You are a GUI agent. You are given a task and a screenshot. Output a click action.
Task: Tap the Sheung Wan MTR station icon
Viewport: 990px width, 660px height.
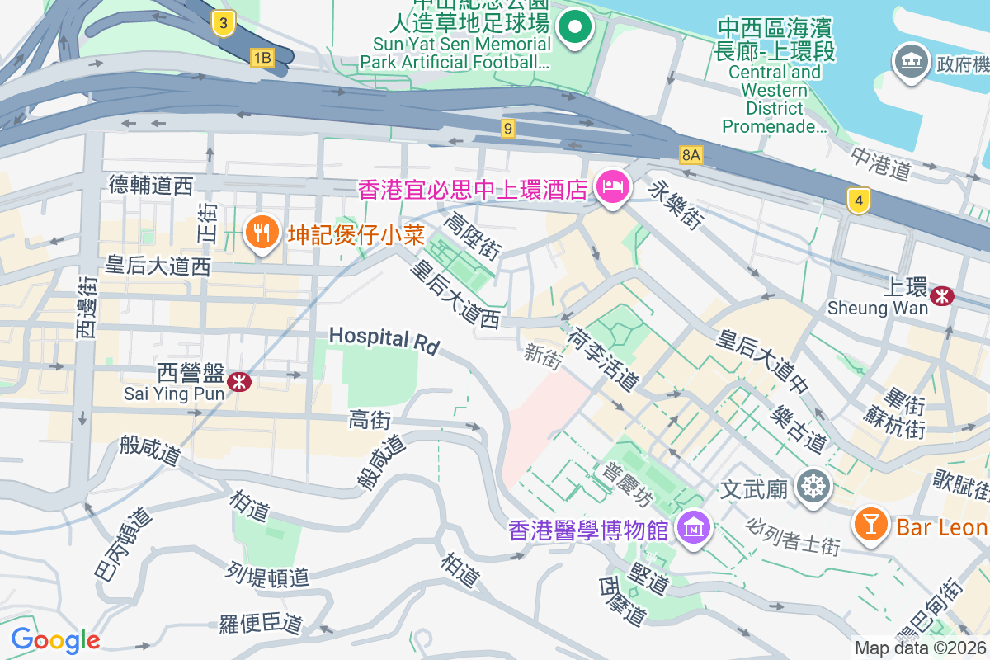[x=941, y=295]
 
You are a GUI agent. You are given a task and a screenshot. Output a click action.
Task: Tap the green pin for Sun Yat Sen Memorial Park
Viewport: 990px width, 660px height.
[x=575, y=28]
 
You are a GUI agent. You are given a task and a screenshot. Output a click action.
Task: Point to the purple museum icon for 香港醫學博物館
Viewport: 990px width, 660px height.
[x=692, y=526]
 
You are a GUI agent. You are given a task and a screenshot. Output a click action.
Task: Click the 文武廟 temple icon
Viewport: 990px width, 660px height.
[x=813, y=488]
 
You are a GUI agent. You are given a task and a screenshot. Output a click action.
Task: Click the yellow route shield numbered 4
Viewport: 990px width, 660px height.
[x=859, y=200]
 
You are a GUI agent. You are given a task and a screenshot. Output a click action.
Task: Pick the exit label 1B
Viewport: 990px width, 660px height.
[x=262, y=56]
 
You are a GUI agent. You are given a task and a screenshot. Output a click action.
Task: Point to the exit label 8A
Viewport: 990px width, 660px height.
[x=691, y=154]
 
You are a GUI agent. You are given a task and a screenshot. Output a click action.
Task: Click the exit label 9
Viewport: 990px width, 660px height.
[x=508, y=128]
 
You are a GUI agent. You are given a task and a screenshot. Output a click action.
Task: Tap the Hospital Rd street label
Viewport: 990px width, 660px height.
[x=384, y=339]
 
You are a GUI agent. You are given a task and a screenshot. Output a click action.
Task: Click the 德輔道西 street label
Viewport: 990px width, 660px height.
[x=150, y=185]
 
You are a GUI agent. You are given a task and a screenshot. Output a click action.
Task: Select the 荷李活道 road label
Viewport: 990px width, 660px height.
[x=602, y=358]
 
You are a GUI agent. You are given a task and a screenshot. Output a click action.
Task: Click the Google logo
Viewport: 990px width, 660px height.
[x=55, y=639]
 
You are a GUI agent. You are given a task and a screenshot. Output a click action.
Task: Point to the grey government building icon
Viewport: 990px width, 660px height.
[x=910, y=64]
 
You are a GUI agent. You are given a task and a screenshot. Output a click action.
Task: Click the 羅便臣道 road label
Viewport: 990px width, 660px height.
[x=261, y=625]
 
